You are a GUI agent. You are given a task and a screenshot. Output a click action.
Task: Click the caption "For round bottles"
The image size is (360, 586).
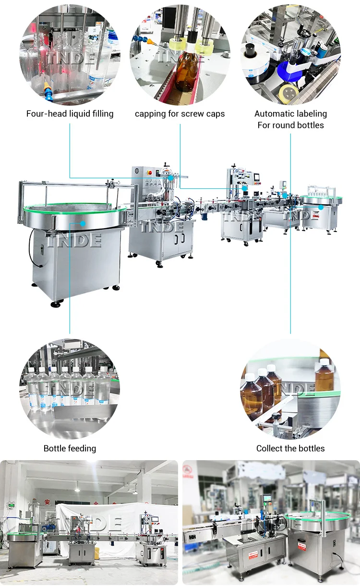click(290, 125)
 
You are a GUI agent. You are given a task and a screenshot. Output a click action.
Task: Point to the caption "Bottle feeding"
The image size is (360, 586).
click(70, 449)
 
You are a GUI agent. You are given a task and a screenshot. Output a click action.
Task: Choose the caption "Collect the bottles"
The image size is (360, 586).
click(290, 449)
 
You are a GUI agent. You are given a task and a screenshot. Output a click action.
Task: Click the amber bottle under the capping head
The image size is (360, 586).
click(186, 72)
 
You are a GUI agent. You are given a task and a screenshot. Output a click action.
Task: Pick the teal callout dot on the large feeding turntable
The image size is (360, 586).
click(83, 223)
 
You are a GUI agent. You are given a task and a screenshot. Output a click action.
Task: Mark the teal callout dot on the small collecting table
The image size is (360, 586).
click(320, 208)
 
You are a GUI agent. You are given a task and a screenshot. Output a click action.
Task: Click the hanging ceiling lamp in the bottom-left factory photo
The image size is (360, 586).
click(77, 489)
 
